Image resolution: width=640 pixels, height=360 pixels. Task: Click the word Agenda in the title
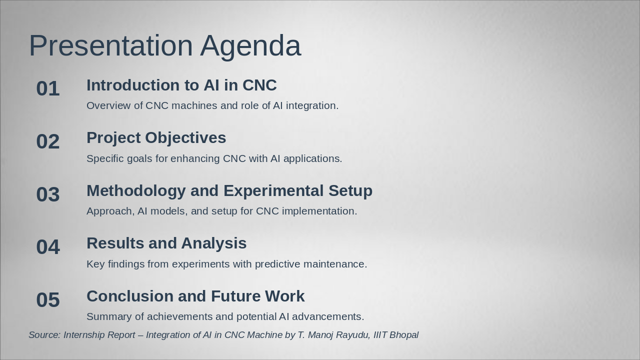coord(250,47)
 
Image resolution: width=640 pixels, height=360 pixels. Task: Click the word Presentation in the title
coord(111,45)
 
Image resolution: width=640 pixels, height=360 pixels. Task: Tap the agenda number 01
coord(48,88)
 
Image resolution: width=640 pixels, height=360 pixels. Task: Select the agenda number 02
coord(48,141)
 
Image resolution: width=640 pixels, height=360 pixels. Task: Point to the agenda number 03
coord(48,194)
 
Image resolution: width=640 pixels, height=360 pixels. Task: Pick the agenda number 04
coord(48,247)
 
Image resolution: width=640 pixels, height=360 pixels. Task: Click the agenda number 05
coord(48,299)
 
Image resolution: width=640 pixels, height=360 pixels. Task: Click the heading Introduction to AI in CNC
coord(181,85)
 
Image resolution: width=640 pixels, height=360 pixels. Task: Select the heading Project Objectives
coord(156,138)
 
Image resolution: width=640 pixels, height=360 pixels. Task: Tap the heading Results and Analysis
coord(166,243)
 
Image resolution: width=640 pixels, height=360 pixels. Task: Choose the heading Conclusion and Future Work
coord(195,296)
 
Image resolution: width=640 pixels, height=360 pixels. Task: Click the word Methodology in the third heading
coord(136,191)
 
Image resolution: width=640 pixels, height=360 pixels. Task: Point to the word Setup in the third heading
coord(350,191)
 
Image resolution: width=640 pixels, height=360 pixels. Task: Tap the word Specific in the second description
coord(105,159)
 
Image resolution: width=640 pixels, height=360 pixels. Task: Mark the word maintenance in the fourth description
coord(335,264)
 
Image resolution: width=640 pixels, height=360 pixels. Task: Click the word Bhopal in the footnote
coord(404,335)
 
